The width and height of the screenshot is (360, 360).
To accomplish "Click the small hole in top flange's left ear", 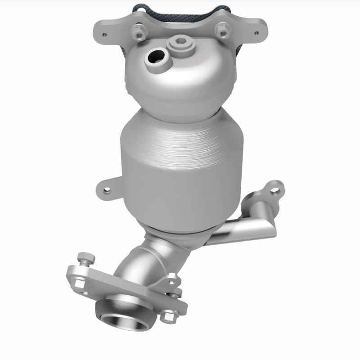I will pos(105,35).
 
